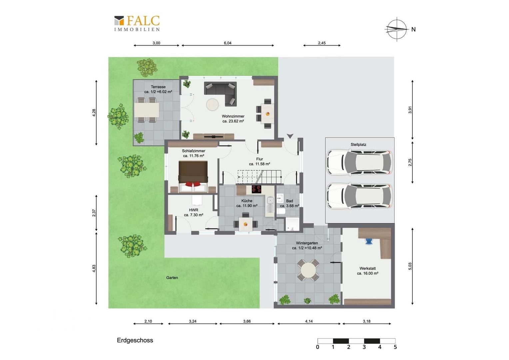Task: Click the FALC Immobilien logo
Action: (x=137, y=23)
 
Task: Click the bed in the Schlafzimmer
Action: (x=193, y=177)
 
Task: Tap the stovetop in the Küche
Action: (x=256, y=189)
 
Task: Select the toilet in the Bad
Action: (x=281, y=211)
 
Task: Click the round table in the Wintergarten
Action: (x=308, y=270)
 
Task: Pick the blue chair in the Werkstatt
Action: (x=368, y=241)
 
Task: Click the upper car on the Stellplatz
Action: (x=359, y=162)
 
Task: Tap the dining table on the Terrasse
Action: (x=147, y=110)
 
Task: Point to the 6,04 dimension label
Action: (x=228, y=43)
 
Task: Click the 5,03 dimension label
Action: (x=410, y=266)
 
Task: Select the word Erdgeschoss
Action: (x=135, y=340)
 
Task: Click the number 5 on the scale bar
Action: (x=395, y=347)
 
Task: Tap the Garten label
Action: (x=172, y=278)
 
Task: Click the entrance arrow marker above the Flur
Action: (x=290, y=136)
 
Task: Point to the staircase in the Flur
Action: (x=260, y=177)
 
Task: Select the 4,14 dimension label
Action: (x=309, y=321)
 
